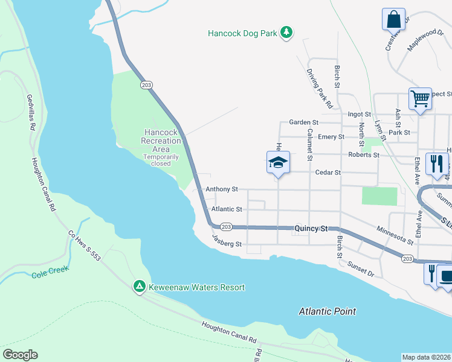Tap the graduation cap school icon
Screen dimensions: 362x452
coord(278,163)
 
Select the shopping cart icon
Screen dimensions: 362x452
coord(420,98)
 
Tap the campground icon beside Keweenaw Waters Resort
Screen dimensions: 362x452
coord(139,287)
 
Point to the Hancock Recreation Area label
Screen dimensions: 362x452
coord(161,141)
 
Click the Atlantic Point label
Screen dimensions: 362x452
coord(328,311)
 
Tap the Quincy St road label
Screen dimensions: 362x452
coord(311,229)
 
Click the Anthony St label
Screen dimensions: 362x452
coord(221,189)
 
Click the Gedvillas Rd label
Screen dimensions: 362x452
coord(31,112)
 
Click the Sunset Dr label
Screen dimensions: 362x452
coord(361,269)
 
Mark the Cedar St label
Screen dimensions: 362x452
coord(328,173)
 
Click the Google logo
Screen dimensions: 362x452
coord(20,355)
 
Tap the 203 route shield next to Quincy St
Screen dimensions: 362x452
coord(225,226)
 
